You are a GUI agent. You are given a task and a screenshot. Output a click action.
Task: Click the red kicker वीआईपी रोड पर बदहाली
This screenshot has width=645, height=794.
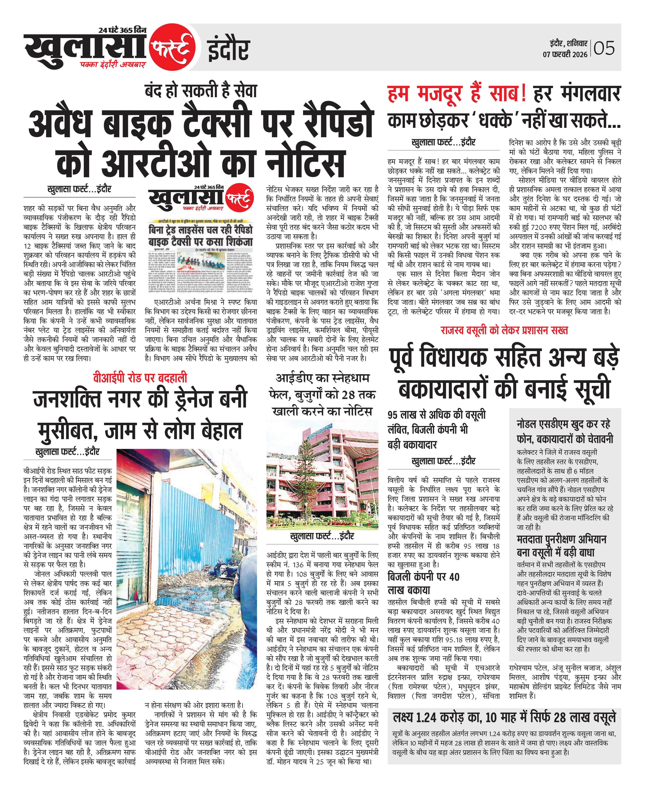[140, 378]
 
